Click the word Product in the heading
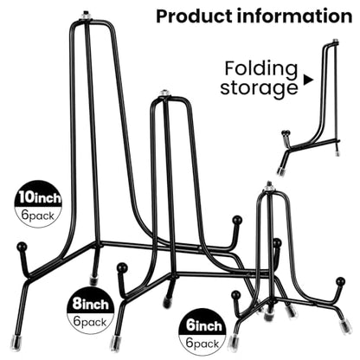pyautogui.click(x=195, y=16)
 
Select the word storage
pyautogui.click(x=259, y=88)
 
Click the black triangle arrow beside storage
pyautogui.click(x=308, y=80)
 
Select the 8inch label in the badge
pyautogui.click(x=90, y=305)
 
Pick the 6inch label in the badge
pyautogui.click(x=204, y=326)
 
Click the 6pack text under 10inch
pyautogui.click(x=38, y=215)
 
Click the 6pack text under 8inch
pyautogui.click(x=90, y=322)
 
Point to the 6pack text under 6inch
pyautogui.click(x=202, y=344)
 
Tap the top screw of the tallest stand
pyautogui.click(x=86, y=16)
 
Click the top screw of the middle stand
pyautogui.click(x=164, y=93)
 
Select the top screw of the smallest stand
pyautogui.click(x=269, y=185)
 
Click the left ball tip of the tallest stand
pyautogui.click(x=22, y=247)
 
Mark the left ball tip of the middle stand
pyautogui.click(x=122, y=267)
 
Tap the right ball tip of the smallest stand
pyautogui.click(x=340, y=281)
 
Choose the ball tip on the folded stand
pyautogui.click(x=286, y=133)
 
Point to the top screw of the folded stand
pyautogui.click(x=335, y=41)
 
